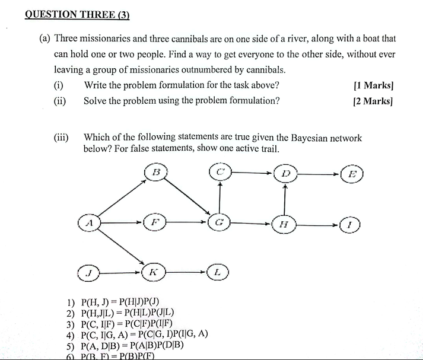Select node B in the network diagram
[x=156, y=173]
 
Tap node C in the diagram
[x=220, y=173]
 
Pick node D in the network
[x=285, y=174]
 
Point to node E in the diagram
[x=352, y=174]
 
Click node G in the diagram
[x=220, y=223]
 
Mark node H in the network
[x=284, y=224]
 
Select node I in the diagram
[x=350, y=225]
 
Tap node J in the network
[x=89, y=273]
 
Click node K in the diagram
[x=153, y=272]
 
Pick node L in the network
[x=218, y=272]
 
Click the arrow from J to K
[x=121, y=273]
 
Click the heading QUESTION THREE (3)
[x=77, y=15]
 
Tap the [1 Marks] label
[x=373, y=85]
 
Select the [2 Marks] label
[x=373, y=100]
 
